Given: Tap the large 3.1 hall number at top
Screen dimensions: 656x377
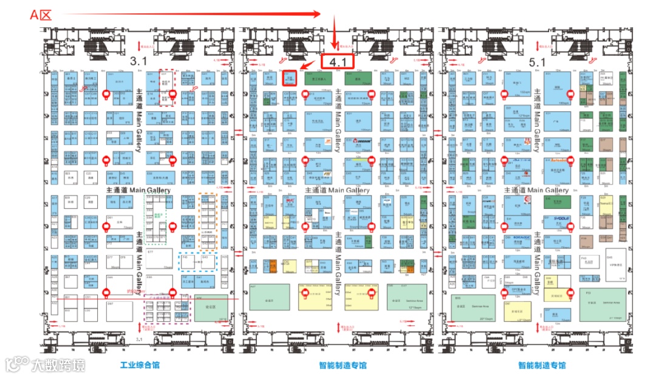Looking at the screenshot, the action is pos(139,61).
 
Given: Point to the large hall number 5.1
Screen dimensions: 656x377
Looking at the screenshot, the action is pos(537,62).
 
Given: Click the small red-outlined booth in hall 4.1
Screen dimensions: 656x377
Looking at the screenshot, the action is pos(290,79).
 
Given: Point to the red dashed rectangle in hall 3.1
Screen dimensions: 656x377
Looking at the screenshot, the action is pos(166,89).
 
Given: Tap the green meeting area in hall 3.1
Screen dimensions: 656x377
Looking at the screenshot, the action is pos(211,308).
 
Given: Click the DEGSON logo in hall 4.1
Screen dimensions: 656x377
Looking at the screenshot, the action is pos(363,143).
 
